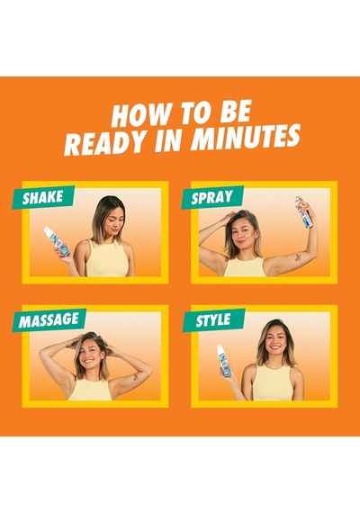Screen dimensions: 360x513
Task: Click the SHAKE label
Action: [42, 197]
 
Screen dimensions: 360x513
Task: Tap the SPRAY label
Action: [212, 197]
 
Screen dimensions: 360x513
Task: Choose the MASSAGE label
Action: [49, 320]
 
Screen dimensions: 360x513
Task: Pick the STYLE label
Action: [213, 320]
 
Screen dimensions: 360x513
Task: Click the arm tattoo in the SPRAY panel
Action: [298, 257]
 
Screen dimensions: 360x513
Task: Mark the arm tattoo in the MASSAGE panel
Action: [134, 378]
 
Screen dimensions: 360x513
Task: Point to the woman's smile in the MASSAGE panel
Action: [89, 361]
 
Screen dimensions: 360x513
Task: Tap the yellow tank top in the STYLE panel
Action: [274, 382]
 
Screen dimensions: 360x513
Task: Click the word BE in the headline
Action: [236, 112]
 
